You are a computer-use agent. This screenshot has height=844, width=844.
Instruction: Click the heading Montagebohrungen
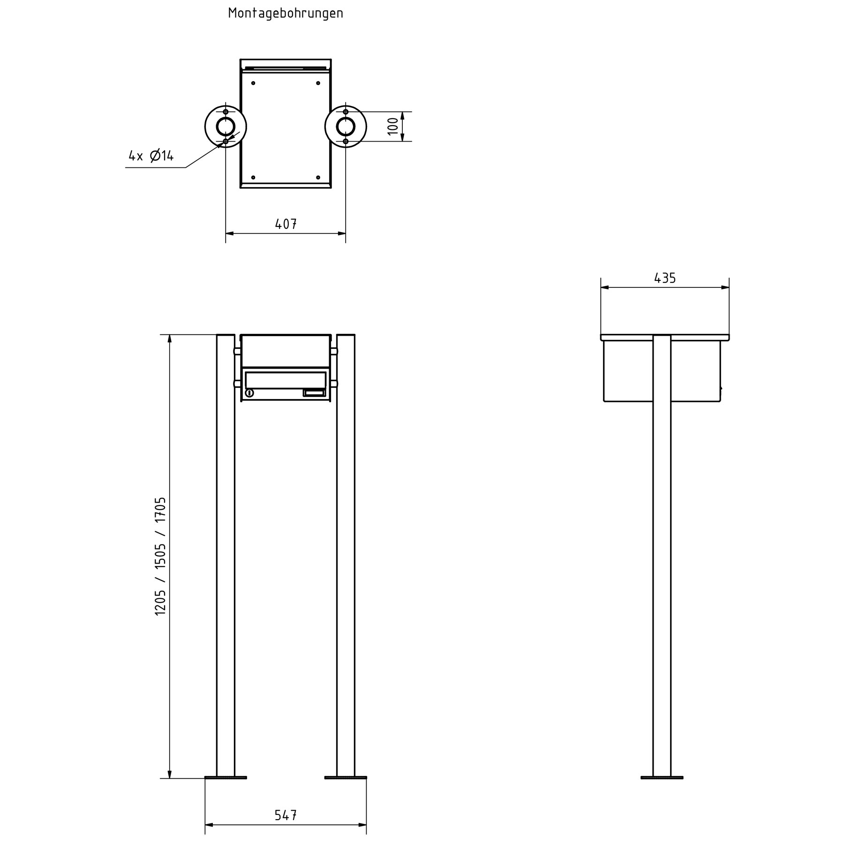click(286, 13)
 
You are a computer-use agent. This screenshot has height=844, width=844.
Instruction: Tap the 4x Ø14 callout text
click(151, 155)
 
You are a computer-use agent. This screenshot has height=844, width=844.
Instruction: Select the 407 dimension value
click(286, 224)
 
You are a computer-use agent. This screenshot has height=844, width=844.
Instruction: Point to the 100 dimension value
click(393, 126)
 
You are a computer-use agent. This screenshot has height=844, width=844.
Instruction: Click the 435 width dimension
click(665, 279)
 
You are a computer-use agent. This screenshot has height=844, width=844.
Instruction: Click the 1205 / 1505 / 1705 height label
click(160, 556)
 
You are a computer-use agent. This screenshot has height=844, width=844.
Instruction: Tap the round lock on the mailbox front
click(249, 393)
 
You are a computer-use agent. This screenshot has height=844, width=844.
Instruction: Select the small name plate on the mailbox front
click(314, 393)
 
